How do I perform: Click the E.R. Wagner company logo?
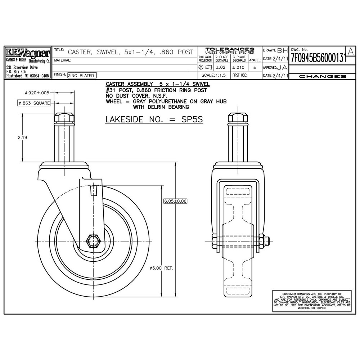pos(27,54)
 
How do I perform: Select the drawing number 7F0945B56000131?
pos(318,58)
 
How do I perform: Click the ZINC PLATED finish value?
pos(82,75)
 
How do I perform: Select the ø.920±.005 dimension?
pos(37,93)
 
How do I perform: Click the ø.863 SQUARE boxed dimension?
pos(34,104)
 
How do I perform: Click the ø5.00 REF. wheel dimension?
pos(161,268)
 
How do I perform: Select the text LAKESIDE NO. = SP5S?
pos(154,120)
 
